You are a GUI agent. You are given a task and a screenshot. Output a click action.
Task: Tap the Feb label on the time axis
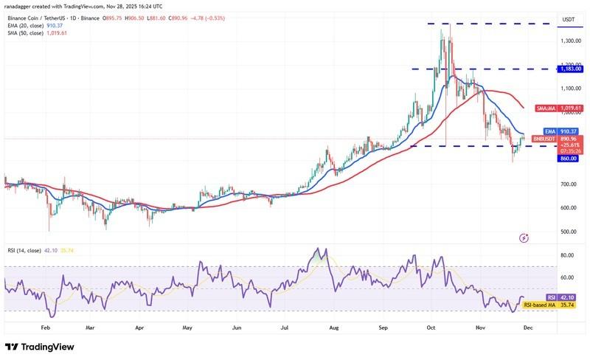(45, 325)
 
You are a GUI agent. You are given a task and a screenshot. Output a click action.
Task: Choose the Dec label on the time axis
(528, 325)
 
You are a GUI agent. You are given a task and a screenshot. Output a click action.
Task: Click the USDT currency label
(569, 19)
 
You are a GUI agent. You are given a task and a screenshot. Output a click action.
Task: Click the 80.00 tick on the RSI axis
(567, 255)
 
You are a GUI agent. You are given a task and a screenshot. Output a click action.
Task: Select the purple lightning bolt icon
(524, 238)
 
